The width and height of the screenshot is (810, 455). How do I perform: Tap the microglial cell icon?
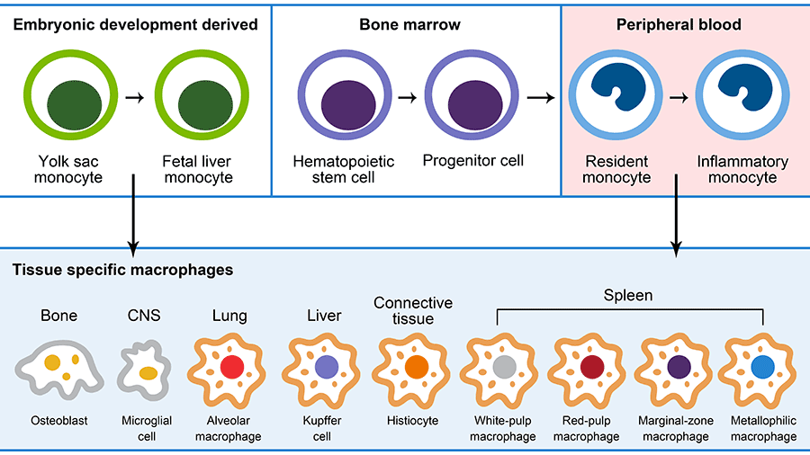coord(145,369)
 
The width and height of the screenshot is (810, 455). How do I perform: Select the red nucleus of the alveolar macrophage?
coord(231,367)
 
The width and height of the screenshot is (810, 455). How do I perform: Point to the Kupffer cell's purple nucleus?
coord(325,367)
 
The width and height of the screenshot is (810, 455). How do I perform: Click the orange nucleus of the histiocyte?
coord(415,367)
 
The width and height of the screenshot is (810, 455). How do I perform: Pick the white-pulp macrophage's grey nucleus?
coord(504,367)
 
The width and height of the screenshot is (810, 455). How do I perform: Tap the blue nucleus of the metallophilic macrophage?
coord(762,367)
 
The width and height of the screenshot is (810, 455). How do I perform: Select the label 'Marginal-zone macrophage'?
coord(675,428)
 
